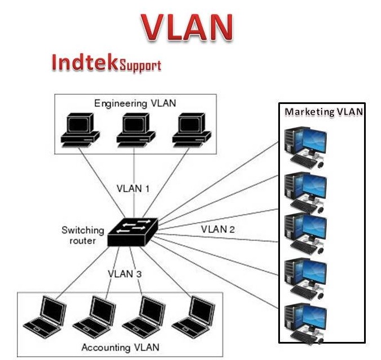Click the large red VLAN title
coord(186,25)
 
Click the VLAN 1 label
coord(133,188)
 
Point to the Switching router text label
coord(82,235)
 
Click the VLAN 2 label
coord(218,229)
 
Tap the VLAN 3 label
coord(125,274)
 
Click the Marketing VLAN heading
coord(323,111)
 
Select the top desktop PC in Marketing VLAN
coord(305,146)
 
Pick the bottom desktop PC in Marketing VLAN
coord(305,323)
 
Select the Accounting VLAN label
coord(120,346)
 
